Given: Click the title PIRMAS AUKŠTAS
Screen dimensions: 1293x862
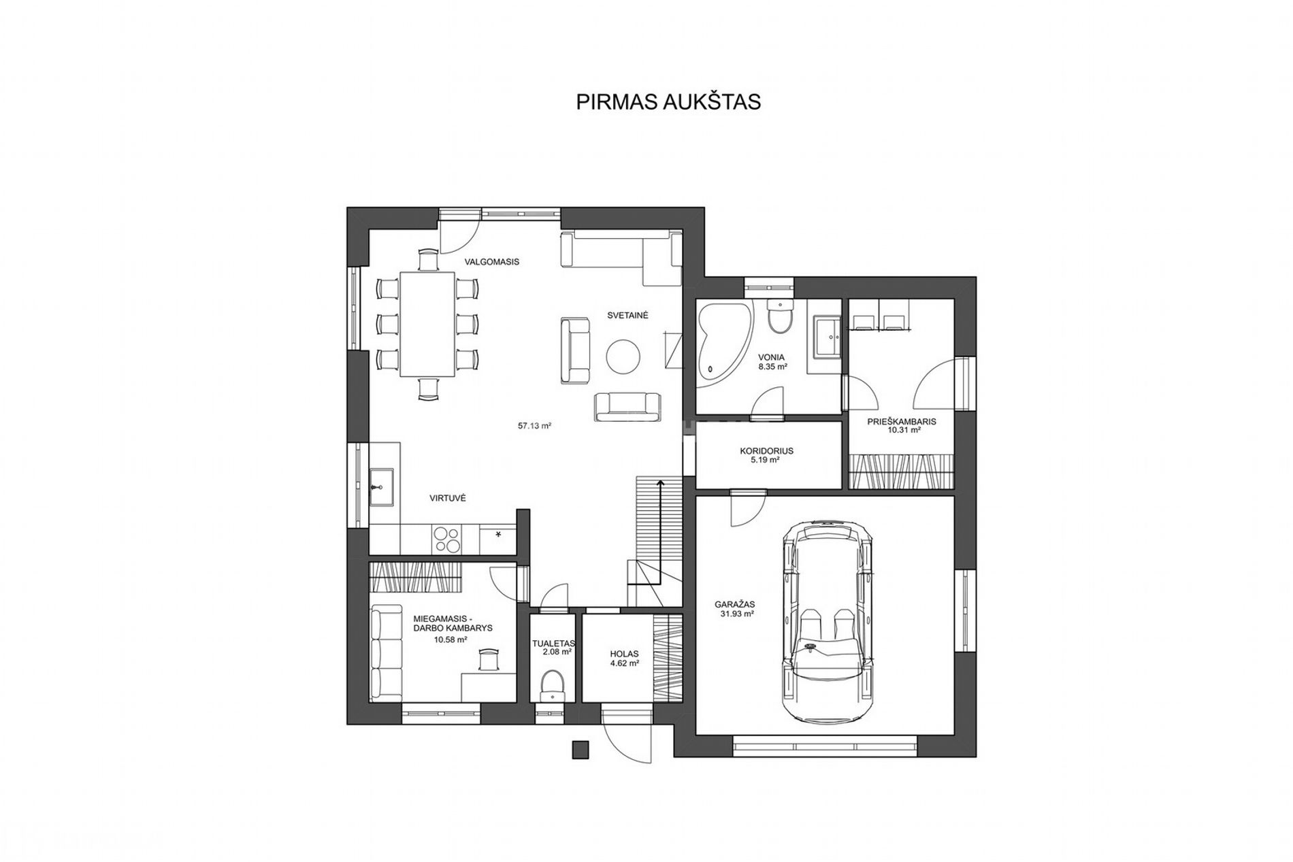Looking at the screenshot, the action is click(668, 102).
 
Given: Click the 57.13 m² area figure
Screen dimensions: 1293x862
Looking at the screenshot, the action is click(534, 426).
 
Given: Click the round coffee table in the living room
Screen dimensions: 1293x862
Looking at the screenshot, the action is click(623, 357).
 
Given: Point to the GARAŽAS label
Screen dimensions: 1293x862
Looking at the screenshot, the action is click(735, 603).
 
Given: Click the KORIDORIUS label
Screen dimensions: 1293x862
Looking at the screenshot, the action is click(766, 450).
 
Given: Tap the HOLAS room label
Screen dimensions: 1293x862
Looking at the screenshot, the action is click(624, 654).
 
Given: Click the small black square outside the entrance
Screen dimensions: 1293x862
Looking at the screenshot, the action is click(580, 749).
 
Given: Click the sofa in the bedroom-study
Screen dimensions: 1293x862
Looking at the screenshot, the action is click(380, 652).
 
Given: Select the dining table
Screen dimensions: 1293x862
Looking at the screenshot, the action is click(427, 324).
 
